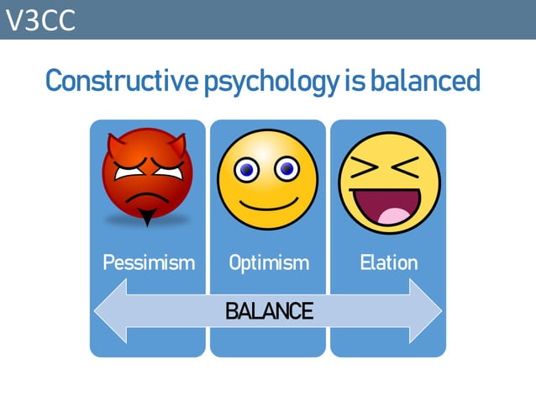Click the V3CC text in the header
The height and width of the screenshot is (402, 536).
pos(40,19)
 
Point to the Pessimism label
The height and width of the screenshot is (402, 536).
pos(148,262)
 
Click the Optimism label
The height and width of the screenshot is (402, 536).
pos(268,262)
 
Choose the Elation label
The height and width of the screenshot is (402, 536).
pos(388,262)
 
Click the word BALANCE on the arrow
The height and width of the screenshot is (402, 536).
pos(269,311)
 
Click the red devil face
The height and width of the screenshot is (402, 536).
pos(147,175)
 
